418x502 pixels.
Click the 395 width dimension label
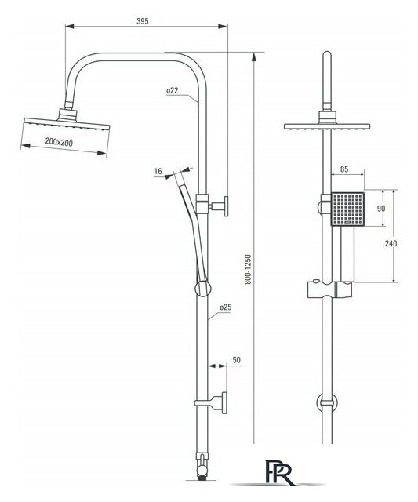(143, 21)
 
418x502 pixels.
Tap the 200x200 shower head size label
(59, 142)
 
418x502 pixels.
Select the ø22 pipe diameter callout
(173, 91)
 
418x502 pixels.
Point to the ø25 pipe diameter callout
(225, 307)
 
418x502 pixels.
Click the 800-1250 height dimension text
(249, 270)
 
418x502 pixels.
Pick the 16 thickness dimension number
(158, 171)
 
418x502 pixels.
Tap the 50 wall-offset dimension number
(237, 360)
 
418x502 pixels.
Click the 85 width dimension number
(344, 169)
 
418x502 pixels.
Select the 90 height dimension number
(381, 209)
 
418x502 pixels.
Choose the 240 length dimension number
(391, 243)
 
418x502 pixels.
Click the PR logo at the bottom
(279, 472)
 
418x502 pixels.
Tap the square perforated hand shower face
(347, 209)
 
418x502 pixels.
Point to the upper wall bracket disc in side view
(226, 206)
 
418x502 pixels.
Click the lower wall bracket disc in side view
(224, 402)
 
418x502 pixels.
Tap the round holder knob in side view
(202, 289)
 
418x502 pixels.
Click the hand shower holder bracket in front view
(330, 289)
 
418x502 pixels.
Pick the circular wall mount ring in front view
(327, 402)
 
